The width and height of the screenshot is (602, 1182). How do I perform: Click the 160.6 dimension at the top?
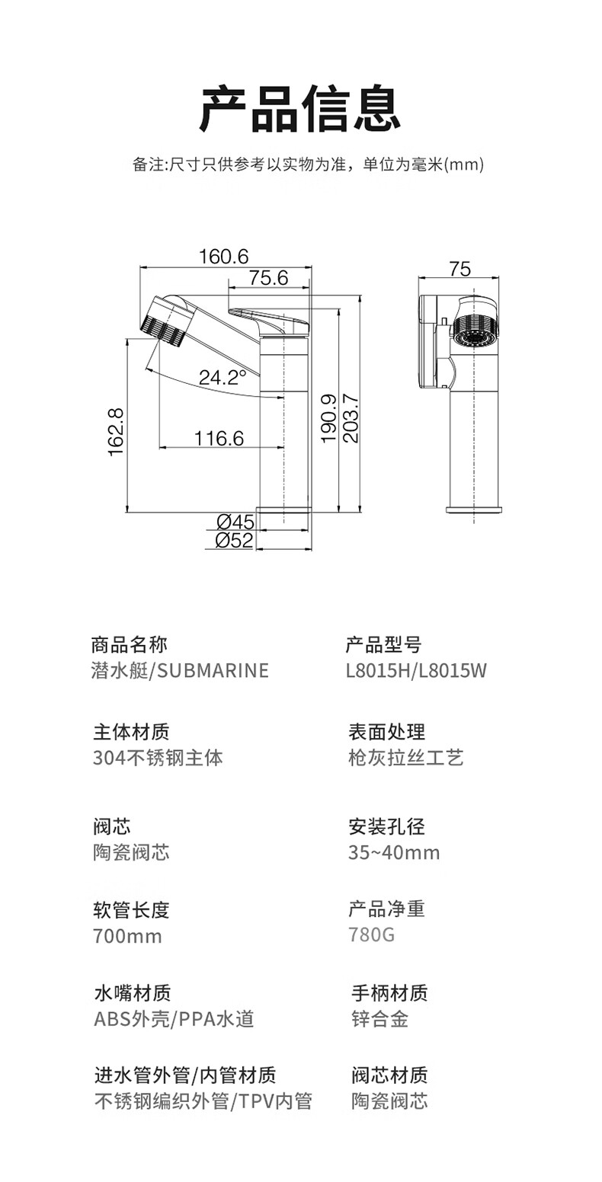tap(223, 257)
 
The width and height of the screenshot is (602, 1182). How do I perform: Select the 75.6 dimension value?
tap(269, 277)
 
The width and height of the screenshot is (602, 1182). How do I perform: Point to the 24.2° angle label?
tap(223, 377)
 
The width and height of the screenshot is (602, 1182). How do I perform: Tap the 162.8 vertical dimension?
tap(116, 432)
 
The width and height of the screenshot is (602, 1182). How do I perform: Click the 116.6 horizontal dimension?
tap(219, 438)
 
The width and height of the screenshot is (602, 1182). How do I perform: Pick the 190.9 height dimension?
tap(329, 418)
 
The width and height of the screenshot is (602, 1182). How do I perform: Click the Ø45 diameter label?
tap(235, 522)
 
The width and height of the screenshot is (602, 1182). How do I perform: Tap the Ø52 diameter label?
tap(235, 540)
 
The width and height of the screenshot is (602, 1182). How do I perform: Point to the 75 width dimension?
tap(460, 269)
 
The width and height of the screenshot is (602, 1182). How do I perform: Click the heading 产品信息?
tap(300, 109)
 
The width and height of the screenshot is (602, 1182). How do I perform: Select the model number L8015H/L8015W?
tap(416, 671)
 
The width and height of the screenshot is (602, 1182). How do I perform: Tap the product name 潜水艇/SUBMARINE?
tap(180, 671)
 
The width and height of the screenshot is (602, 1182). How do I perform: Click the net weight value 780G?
tap(372, 935)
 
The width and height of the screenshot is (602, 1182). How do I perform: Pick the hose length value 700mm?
tap(127, 936)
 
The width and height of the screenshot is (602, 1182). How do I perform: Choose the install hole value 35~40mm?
tap(394, 853)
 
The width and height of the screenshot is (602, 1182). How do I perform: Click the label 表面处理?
tap(386, 732)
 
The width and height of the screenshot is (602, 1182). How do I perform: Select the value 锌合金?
tap(380, 1019)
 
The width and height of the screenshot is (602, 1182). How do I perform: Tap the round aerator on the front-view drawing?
tap(474, 331)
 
